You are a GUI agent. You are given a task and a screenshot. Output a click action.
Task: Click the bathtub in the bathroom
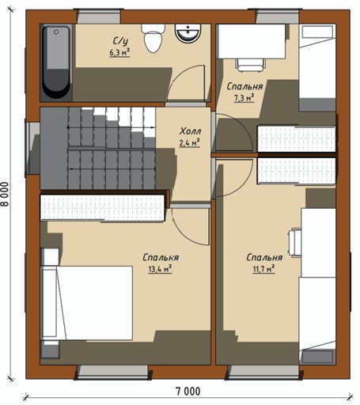[x=56, y=62]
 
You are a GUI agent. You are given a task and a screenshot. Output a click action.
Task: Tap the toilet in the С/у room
[x=153, y=38]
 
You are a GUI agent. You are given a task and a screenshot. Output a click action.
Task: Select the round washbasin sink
[x=188, y=33]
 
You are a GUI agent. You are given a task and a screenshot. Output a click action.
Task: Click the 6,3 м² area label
[x=119, y=52]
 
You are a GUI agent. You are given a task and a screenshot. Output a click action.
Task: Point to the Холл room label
[x=190, y=131]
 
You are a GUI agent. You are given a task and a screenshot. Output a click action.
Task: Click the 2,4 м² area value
[x=189, y=143]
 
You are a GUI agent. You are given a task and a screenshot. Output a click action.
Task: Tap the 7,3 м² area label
[x=244, y=98]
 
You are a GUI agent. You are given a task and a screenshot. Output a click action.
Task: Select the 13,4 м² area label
[x=160, y=269]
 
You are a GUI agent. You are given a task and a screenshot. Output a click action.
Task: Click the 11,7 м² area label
[x=263, y=269]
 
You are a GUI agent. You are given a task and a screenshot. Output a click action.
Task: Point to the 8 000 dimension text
[x=5, y=194]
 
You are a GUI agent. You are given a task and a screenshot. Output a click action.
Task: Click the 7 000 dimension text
[x=188, y=391]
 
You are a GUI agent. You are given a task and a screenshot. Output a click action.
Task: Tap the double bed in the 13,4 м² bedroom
[x=86, y=303]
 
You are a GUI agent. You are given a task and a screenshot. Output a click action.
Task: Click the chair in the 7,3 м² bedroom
[x=250, y=65]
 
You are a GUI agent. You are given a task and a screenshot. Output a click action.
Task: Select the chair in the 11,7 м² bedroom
[x=294, y=242]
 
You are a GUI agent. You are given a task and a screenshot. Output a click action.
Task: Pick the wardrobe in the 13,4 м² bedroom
[x=103, y=207]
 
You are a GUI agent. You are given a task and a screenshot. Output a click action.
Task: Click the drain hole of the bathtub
[x=56, y=32]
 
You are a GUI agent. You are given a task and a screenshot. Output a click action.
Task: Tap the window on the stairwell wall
[x=32, y=148]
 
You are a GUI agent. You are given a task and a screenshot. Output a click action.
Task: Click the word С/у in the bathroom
[x=120, y=42]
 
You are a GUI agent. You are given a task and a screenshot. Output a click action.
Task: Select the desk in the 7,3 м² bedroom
[x=251, y=41]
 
